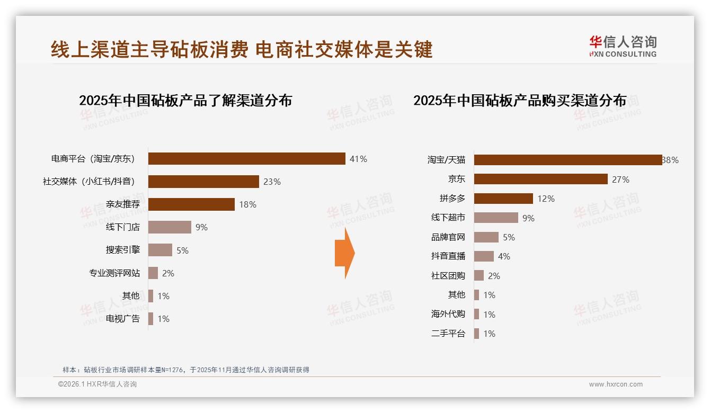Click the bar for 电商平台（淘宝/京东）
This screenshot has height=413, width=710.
click(246, 159)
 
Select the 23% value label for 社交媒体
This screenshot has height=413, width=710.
click(272, 182)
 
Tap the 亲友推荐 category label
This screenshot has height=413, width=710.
click(123, 204)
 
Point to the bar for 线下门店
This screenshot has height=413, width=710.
click(170, 227)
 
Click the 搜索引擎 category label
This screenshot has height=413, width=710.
click(123, 250)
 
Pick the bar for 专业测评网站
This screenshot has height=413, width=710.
click(153, 273)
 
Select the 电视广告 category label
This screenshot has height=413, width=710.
click(123, 319)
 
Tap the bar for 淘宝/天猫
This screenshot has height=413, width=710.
click(567, 160)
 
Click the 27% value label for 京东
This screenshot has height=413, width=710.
click(620, 179)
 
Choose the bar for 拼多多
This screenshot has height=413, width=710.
click(503, 199)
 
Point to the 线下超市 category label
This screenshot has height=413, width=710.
click(448, 218)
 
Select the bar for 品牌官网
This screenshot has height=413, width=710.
click(486, 237)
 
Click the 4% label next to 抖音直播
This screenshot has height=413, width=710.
click(504, 256)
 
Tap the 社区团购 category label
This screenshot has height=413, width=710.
click(448, 276)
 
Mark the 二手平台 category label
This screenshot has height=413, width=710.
click(448, 334)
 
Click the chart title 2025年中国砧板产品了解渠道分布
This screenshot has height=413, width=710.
click(185, 100)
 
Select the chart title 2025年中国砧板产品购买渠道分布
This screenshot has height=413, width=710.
click(520, 100)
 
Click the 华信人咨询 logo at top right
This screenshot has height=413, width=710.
click(623, 46)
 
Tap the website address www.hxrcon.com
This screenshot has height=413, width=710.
click(616, 384)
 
